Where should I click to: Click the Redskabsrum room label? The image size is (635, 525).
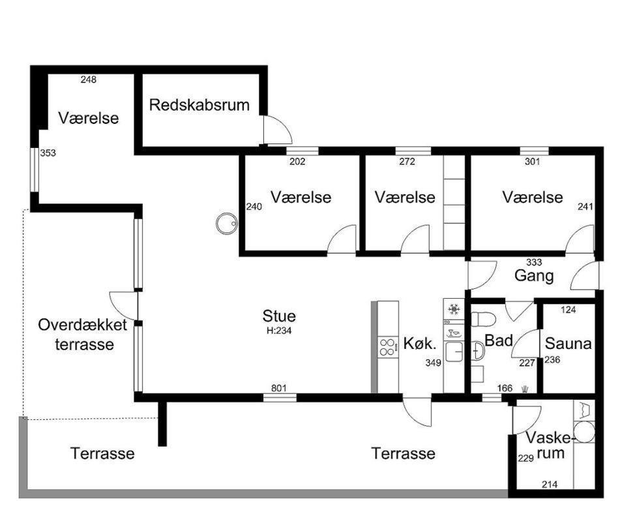click(199, 105)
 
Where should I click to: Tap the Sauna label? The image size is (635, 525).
click(569, 344)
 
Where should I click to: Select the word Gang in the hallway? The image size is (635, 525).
click(534, 276)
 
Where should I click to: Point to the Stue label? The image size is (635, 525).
click(279, 316)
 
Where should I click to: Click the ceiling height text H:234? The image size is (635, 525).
click(279, 331)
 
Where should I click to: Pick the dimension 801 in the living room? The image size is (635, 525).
click(279, 388)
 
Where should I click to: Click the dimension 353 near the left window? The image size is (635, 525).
click(48, 153)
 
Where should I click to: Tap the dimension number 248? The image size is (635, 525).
click(88, 80)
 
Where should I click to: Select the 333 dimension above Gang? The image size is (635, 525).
click(534, 262)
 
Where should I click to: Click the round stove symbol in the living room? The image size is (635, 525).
click(226, 224)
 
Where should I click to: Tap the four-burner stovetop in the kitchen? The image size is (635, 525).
click(388, 347)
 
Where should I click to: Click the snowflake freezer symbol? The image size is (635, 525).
click(454, 310)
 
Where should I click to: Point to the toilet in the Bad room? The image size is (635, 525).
click(484, 319)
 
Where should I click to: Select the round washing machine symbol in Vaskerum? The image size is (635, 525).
click(584, 432)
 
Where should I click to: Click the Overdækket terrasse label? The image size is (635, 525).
click(83, 335)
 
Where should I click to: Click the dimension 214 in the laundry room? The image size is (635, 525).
click(550, 484)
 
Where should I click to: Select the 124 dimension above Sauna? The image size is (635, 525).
click(569, 310)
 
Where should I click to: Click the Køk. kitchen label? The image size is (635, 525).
click(421, 344)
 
